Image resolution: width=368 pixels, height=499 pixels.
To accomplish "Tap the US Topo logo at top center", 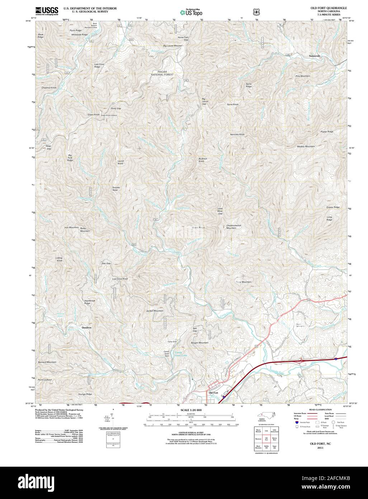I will (192, 12).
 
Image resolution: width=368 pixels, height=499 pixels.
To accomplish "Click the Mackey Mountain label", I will (306, 146).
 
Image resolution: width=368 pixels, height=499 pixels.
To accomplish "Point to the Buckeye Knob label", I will (203, 160).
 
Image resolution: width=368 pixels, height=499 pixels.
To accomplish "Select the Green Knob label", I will (93, 115).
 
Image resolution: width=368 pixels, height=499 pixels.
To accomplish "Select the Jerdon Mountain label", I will (155, 311).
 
